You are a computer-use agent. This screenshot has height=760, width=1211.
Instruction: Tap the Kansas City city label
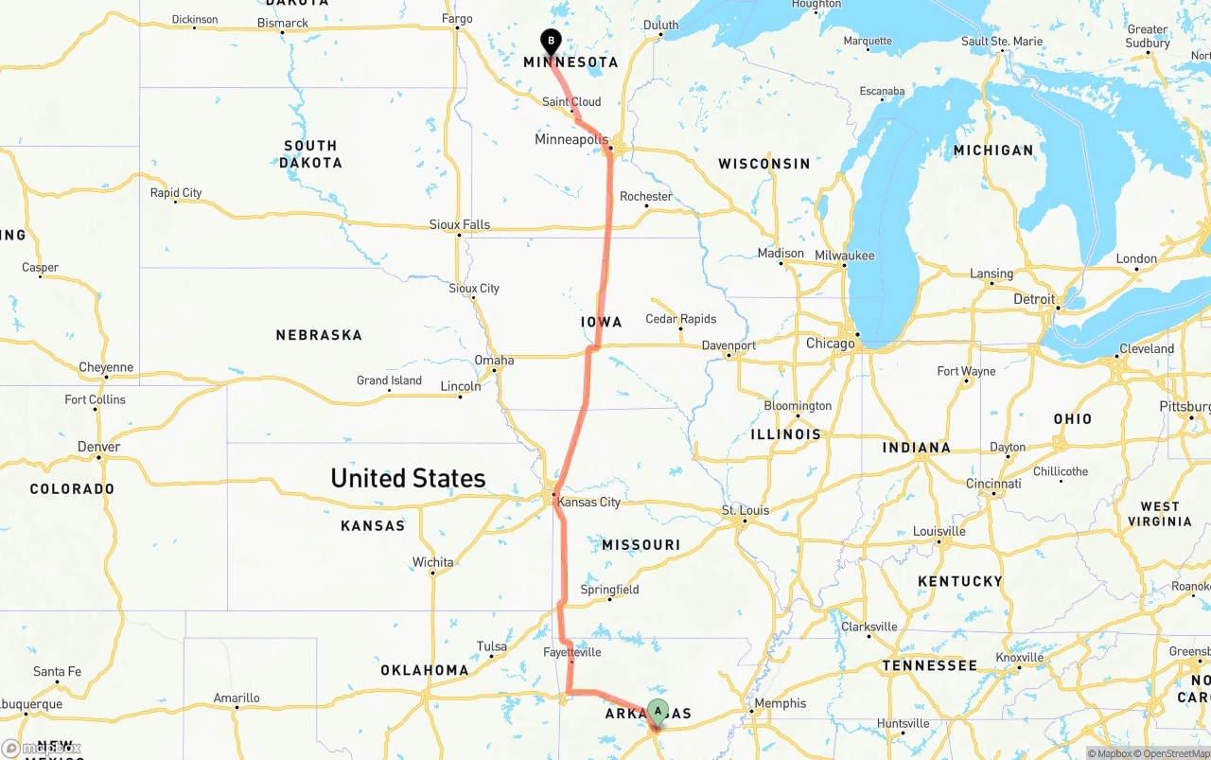[589, 502]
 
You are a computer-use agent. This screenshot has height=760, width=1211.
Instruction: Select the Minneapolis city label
[570, 140]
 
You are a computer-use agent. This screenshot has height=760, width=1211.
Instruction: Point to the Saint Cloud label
[571, 101]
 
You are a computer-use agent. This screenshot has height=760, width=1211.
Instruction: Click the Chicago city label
[830, 344]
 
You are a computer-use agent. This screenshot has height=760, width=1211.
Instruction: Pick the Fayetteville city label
[572, 652]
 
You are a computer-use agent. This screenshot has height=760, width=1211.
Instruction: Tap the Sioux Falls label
[460, 224]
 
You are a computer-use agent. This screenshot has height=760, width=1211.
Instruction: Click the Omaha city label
[494, 360]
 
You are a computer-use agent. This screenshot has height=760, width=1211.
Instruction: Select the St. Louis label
[746, 510]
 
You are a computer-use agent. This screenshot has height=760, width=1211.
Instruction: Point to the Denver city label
[99, 447]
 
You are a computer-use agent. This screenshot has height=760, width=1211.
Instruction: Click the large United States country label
[408, 478]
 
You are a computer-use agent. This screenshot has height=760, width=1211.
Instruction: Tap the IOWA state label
[602, 322]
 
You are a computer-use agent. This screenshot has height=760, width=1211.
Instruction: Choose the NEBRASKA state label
[319, 335]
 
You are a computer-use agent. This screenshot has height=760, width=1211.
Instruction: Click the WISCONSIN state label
[764, 164]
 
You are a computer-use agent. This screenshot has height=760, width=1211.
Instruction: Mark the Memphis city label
[781, 703]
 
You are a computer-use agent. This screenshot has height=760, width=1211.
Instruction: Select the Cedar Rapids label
[681, 319]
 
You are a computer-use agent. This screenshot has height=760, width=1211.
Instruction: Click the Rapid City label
[176, 192]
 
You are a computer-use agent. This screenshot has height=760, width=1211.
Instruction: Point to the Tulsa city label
[492, 646]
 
